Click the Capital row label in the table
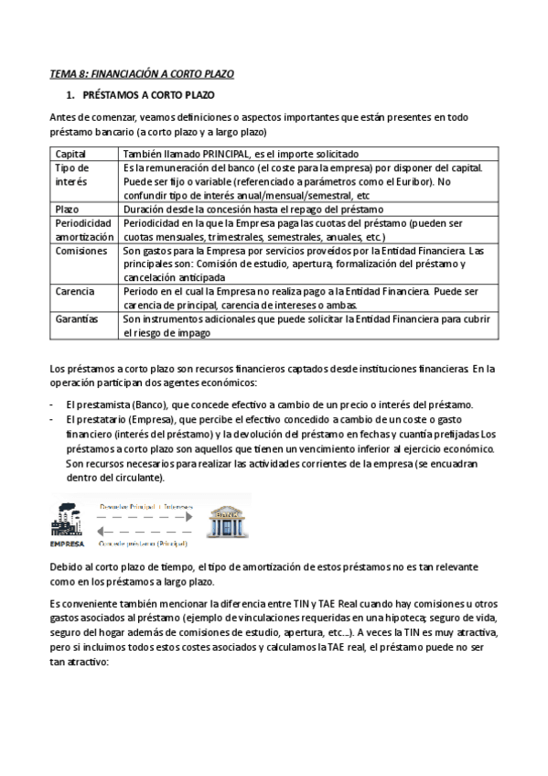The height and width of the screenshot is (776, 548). click(71, 154)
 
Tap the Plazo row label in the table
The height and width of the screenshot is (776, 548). click(69, 209)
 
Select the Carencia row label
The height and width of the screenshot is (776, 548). click(76, 291)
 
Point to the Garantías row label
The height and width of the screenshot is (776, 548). click(78, 318)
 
